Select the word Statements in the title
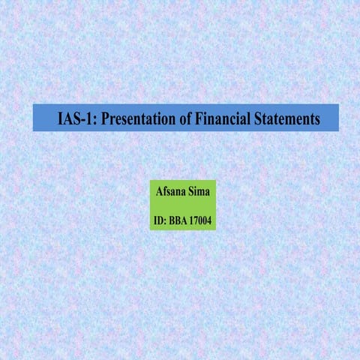point(288,118)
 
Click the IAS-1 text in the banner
point(76,118)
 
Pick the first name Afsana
point(171,192)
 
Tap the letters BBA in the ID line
point(181,221)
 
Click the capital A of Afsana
point(158,192)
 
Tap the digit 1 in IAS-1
point(88,118)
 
